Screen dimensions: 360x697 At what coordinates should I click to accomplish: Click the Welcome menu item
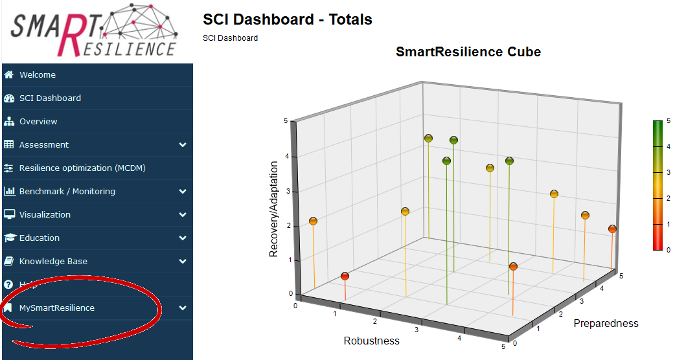click(38, 75)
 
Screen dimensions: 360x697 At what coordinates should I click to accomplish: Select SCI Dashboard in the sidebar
click(50, 98)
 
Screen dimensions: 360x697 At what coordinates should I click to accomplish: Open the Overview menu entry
click(38, 122)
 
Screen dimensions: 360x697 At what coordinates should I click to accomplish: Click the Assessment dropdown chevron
click(183, 145)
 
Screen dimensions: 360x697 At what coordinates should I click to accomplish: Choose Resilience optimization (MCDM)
click(82, 168)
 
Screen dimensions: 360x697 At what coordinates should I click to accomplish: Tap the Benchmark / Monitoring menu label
click(67, 192)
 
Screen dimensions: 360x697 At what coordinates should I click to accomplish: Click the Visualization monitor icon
click(9, 215)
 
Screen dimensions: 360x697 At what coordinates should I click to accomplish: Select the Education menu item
click(40, 238)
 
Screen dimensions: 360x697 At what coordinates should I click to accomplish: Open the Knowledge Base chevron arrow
click(183, 262)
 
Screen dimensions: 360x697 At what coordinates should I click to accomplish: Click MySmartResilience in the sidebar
click(57, 308)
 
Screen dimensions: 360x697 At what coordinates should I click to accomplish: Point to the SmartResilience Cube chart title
click(468, 52)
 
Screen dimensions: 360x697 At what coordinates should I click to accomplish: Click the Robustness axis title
click(371, 341)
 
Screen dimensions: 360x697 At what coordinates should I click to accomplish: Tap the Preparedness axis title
click(606, 323)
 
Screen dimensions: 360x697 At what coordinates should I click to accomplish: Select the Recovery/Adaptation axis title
click(274, 209)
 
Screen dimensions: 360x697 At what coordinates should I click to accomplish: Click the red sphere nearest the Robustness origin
click(345, 276)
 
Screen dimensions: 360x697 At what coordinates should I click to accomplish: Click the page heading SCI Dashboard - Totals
click(287, 19)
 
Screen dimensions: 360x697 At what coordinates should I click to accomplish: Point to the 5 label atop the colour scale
click(668, 120)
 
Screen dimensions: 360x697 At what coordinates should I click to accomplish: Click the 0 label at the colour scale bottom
click(668, 249)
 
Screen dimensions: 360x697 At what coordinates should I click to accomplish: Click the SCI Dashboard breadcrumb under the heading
click(230, 38)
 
